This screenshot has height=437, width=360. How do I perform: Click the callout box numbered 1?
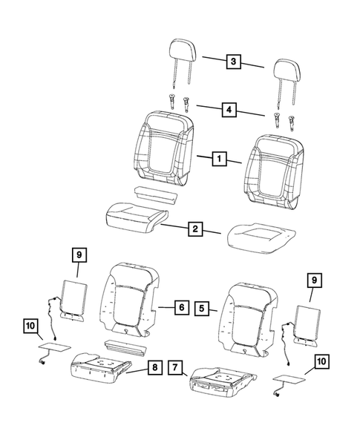[218, 158]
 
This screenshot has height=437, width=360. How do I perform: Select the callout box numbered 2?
[194, 229]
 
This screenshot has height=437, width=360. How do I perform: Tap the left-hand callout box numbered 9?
[78, 254]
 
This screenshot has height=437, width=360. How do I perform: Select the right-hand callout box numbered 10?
[321, 361]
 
